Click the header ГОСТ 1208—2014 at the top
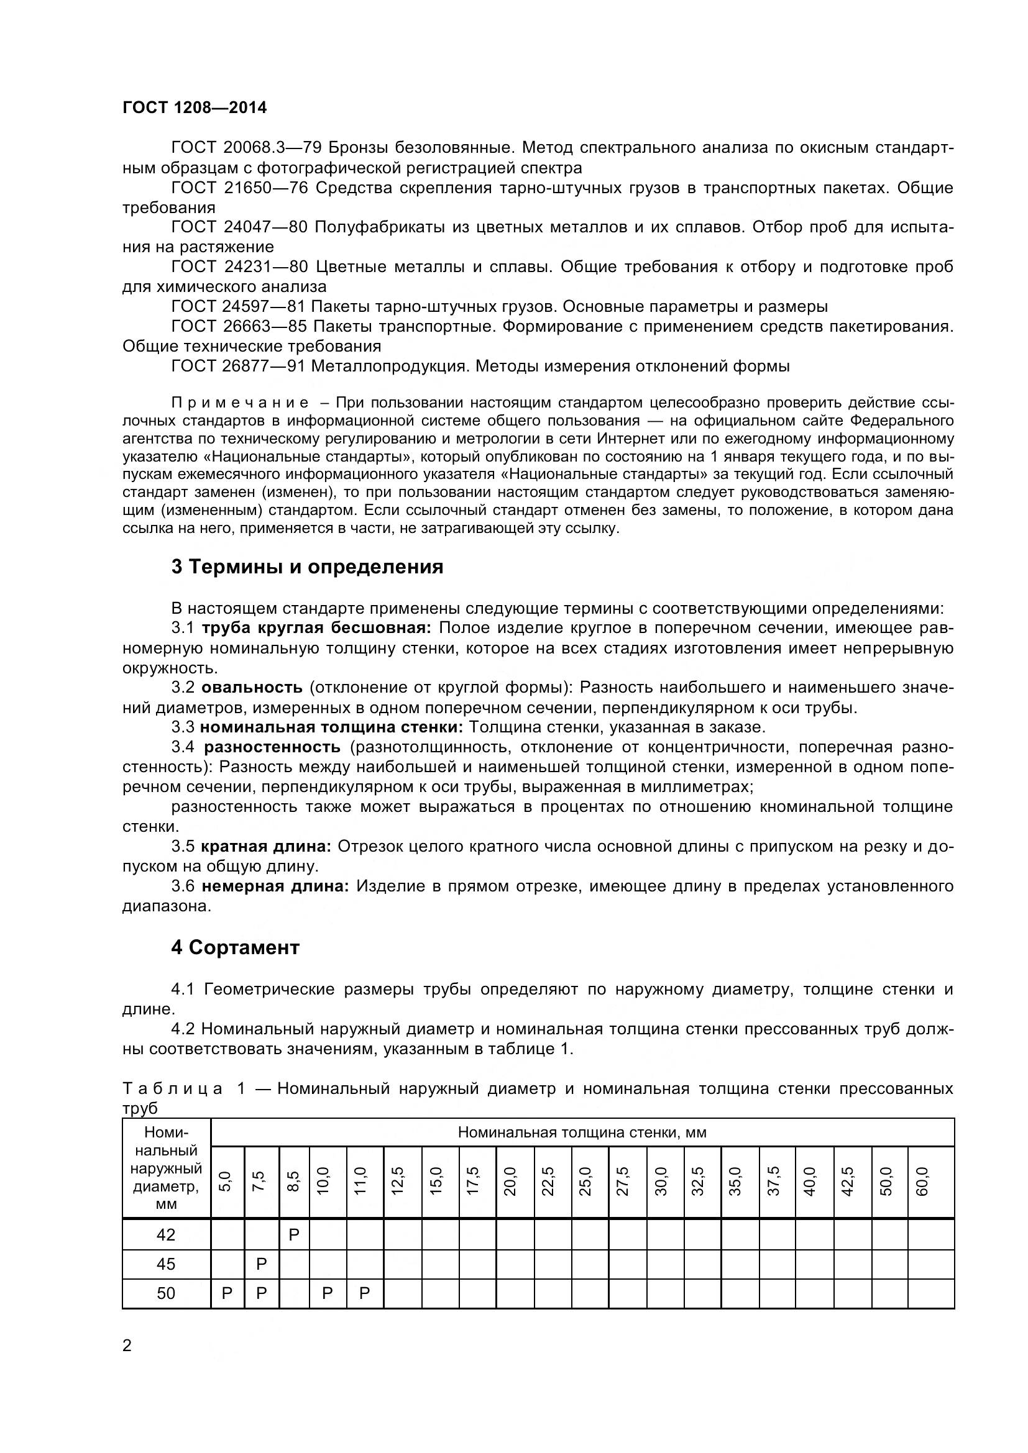pos(195,107)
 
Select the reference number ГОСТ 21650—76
pos(239,188)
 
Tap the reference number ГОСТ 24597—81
pos(239,307)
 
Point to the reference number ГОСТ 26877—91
pos(239,367)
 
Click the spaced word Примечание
pos(240,403)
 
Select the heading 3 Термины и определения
pos(307,567)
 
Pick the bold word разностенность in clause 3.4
pos(272,747)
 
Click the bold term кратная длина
pos(267,847)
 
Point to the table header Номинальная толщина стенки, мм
pos(582,1132)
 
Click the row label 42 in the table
pos(166,1235)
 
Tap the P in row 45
pos(262,1264)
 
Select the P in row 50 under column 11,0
pos(365,1293)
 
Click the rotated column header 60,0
pos(922,1182)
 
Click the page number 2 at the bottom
pos(127,1346)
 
